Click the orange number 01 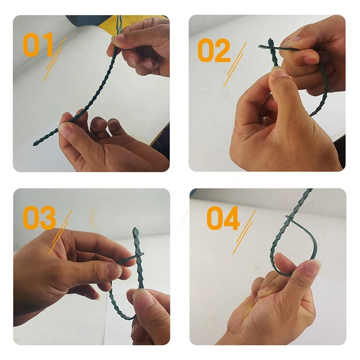(x=38, y=45)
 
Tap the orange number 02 (x=214, y=51)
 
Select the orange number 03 (x=39, y=218)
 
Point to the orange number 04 (x=223, y=219)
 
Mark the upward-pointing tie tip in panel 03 (x=136, y=231)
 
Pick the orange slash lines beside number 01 (x=55, y=59)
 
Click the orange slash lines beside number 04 (x=244, y=231)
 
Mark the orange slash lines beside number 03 (x=60, y=231)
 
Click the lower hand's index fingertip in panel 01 (x=65, y=129)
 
